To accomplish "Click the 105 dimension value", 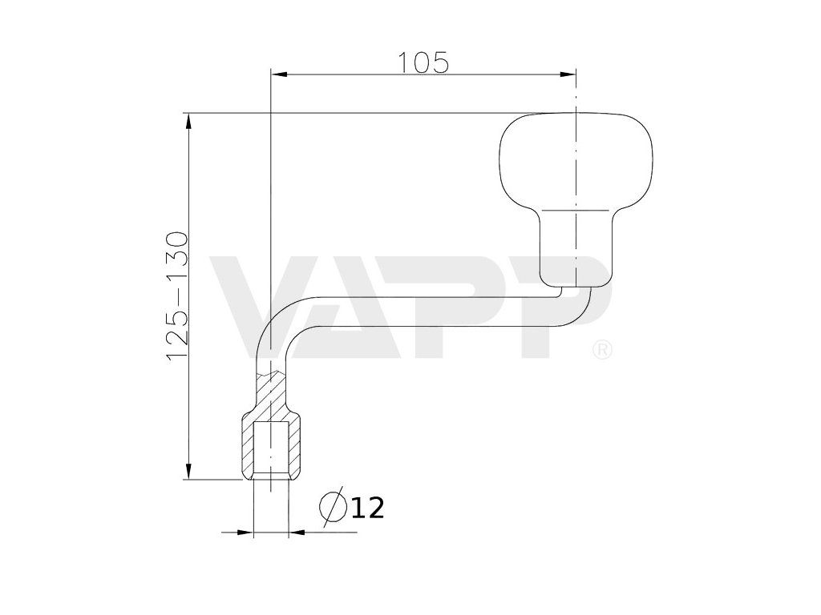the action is click(423, 62).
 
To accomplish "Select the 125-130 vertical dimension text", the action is click(177, 296).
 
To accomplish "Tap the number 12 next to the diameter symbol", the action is click(367, 507).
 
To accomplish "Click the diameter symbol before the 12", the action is click(333, 506).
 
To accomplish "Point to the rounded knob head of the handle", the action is click(576, 160).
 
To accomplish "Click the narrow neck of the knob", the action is click(576, 247).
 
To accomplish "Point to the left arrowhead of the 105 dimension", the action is click(279, 74).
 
